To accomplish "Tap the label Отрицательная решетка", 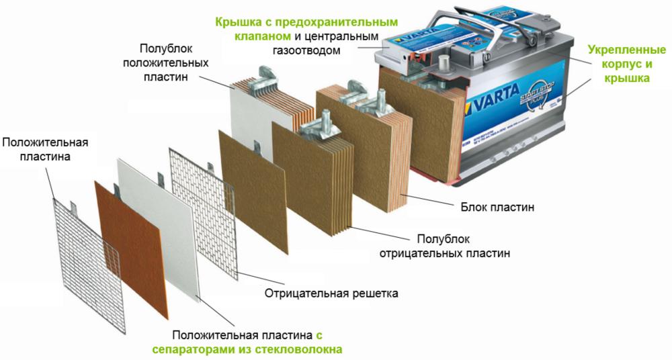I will point(331,294).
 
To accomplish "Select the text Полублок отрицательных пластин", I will point(444,246).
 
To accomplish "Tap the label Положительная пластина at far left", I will point(45,149).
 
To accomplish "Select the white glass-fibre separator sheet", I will point(161,222).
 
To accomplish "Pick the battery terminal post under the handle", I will point(444,64).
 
